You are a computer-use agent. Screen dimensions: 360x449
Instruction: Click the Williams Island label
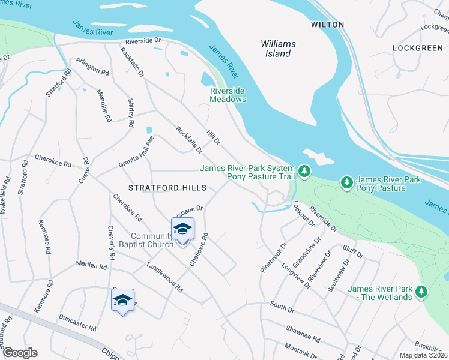tap(276, 49)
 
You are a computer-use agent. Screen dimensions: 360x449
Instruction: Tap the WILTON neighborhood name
tap(327, 25)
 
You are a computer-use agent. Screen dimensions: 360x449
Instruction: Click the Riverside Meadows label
tap(228, 95)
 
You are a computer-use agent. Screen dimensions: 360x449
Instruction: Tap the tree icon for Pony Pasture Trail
tap(305, 172)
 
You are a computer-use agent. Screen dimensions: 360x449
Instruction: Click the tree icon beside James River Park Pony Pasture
tap(346, 181)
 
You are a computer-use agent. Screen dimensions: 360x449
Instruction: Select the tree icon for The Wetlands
tap(422, 292)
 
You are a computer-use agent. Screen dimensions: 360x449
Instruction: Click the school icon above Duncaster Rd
tap(122, 300)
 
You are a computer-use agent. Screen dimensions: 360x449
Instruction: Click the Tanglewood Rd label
tap(163, 276)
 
